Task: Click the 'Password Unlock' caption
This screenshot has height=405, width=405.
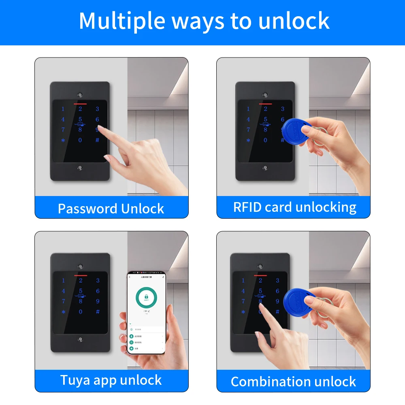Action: coord(111,209)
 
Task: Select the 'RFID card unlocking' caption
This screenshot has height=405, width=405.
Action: coord(294,207)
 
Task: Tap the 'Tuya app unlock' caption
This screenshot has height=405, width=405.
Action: coord(111,380)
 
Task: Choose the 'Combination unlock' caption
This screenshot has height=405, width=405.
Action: coord(293,382)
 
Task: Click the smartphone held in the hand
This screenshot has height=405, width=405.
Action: coord(146,312)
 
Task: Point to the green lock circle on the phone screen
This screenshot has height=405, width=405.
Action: coord(146,298)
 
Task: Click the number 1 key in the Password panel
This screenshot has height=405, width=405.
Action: coord(63,109)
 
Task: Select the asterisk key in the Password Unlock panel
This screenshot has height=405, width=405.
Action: coord(63,141)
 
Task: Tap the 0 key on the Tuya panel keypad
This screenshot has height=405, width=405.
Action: coord(80,312)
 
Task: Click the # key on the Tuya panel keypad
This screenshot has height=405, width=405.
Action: coord(97,312)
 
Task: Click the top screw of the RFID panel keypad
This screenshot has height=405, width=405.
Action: coord(265,94)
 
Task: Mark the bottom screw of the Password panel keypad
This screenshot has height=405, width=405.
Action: coord(80,168)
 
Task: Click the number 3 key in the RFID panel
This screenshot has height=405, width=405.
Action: coord(283,109)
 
